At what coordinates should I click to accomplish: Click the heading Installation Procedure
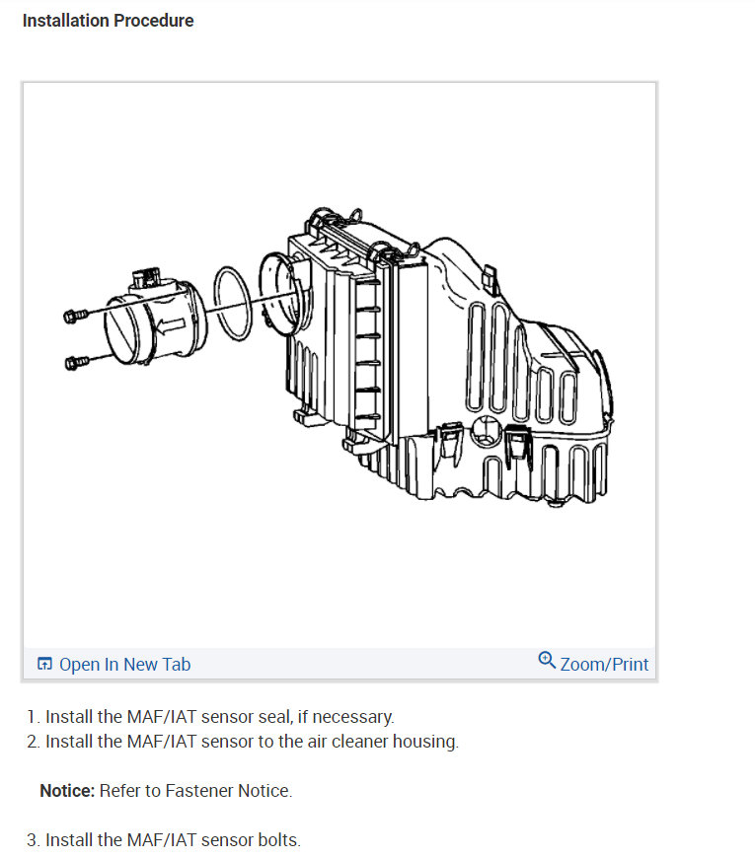(x=108, y=21)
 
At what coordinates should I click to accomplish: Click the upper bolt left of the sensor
(x=71, y=316)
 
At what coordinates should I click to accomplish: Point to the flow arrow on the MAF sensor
(x=174, y=326)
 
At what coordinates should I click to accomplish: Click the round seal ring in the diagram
(x=232, y=302)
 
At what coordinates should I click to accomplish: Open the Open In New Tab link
(x=124, y=665)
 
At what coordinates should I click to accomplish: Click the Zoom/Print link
(x=604, y=665)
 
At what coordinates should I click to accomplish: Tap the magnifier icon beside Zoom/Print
(x=547, y=661)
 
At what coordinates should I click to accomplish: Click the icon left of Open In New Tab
(x=44, y=665)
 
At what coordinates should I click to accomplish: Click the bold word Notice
(x=67, y=791)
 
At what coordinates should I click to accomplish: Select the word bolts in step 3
(x=278, y=840)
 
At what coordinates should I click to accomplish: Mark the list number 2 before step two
(x=33, y=742)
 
